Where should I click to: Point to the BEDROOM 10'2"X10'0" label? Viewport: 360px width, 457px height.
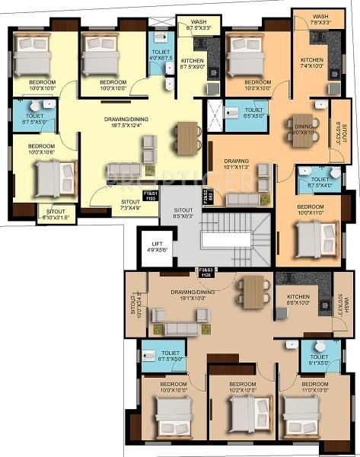242,386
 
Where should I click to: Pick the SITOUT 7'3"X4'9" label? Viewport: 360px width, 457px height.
130,204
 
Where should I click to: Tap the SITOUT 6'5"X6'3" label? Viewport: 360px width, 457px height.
183,213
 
